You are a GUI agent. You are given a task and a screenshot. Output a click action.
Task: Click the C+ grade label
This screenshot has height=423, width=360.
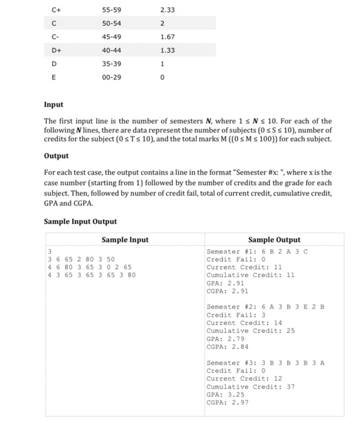click(56, 11)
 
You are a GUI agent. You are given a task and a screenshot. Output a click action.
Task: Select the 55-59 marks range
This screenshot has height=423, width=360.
click(111, 11)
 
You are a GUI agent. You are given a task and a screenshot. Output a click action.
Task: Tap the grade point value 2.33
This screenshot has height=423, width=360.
click(167, 11)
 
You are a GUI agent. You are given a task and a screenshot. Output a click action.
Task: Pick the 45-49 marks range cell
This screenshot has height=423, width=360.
click(111, 37)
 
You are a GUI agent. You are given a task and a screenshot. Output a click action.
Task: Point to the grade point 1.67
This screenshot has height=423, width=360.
click(167, 37)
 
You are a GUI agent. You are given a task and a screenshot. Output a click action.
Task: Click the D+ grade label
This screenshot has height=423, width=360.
click(57, 50)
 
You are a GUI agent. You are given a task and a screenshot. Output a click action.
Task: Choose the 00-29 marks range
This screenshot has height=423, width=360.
click(111, 77)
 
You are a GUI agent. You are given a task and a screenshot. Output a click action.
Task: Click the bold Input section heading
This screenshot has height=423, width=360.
click(54, 104)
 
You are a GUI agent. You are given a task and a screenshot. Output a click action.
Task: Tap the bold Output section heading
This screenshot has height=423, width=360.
click(56, 155)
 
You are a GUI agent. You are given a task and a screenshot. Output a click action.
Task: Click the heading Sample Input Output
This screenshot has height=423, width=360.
click(80, 221)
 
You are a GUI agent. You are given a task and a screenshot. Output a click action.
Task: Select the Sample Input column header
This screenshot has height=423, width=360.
click(125, 240)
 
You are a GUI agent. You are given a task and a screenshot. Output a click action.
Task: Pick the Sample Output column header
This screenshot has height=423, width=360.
click(274, 240)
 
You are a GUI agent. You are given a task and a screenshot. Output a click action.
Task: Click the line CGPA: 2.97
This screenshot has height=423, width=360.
click(228, 403)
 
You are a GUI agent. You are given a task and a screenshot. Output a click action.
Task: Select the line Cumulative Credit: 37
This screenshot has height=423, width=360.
click(251, 387)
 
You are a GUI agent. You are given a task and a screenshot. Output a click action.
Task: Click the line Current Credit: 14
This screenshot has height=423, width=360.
click(244, 323)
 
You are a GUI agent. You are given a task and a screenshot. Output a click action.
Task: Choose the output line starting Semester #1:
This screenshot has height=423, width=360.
click(258, 252)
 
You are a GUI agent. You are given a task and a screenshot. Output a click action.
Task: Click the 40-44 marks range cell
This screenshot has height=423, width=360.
click(111, 50)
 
